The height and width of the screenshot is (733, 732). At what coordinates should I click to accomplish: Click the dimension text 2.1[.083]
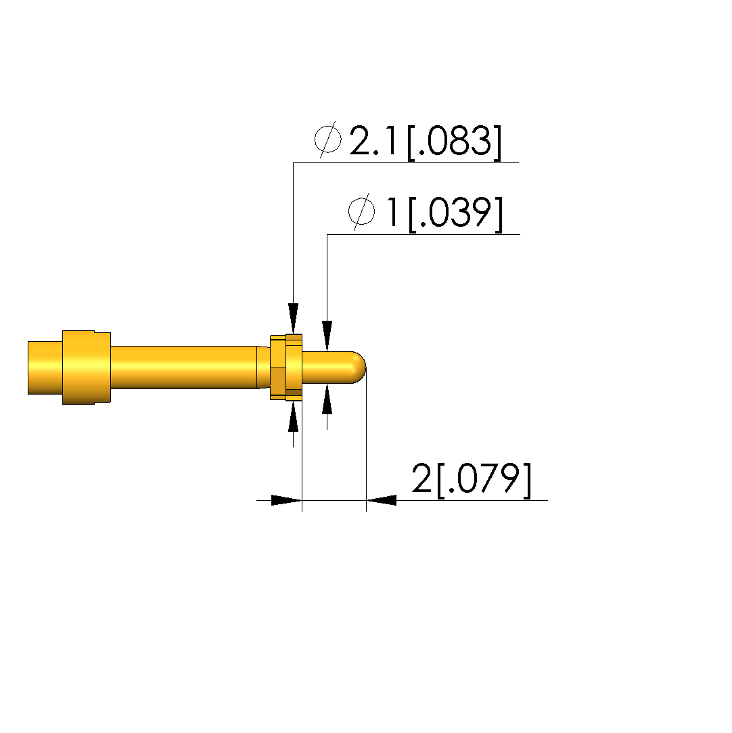tap(426, 141)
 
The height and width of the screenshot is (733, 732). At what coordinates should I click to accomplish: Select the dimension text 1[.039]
tap(444, 213)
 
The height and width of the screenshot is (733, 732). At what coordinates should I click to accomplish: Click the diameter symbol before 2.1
tap(327, 139)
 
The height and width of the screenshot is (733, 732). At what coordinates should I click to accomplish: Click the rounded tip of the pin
tap(359, 368)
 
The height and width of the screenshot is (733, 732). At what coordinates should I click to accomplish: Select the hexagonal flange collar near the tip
tap(286, 368)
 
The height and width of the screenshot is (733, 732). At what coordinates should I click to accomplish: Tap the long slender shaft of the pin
tap(183, 368)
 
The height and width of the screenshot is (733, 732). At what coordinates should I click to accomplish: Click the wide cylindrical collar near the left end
tap(87, 368)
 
